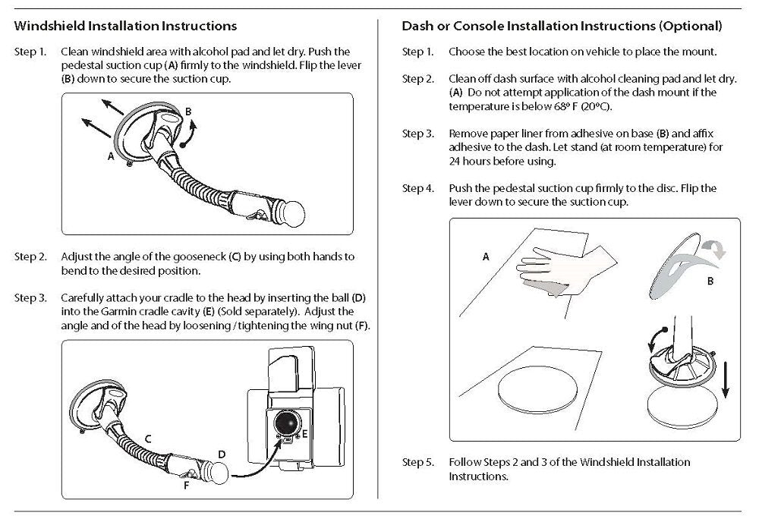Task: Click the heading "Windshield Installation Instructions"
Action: coord(125,26)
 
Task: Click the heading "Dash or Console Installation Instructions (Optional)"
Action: coord(562,26)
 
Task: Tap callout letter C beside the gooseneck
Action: coord(149,439)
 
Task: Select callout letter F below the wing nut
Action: coord(187,486)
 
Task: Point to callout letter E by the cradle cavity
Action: coord(304,433)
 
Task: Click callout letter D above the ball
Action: coord(222,454)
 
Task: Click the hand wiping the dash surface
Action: coord(547,269)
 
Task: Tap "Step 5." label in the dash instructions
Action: coord(417,461)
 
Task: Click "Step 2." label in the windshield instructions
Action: coord(30,257)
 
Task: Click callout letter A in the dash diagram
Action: coord(486,257)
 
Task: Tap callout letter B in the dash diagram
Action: coord(709,281)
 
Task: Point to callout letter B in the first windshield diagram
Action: coord(188,112)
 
